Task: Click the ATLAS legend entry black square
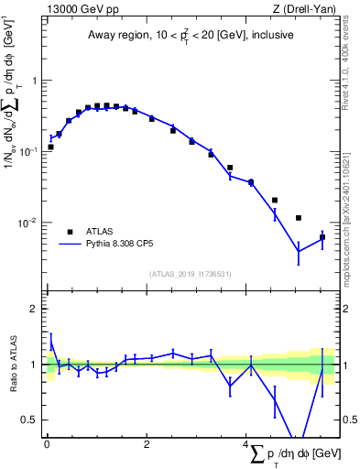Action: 70,232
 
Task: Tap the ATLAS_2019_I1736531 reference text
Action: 191,274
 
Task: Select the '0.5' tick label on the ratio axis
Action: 30,420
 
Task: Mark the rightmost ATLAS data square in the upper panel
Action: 322,237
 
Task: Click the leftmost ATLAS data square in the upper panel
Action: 51,147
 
